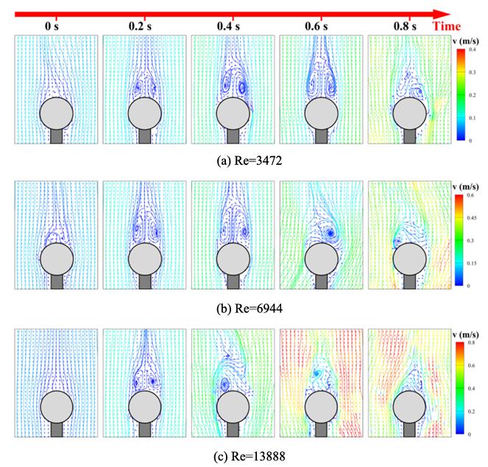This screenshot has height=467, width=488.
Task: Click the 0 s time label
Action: click(52, 27)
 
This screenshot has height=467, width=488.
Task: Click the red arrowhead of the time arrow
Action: click(442, 13)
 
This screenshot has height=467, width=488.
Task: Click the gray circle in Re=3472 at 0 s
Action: click(56, 114)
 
